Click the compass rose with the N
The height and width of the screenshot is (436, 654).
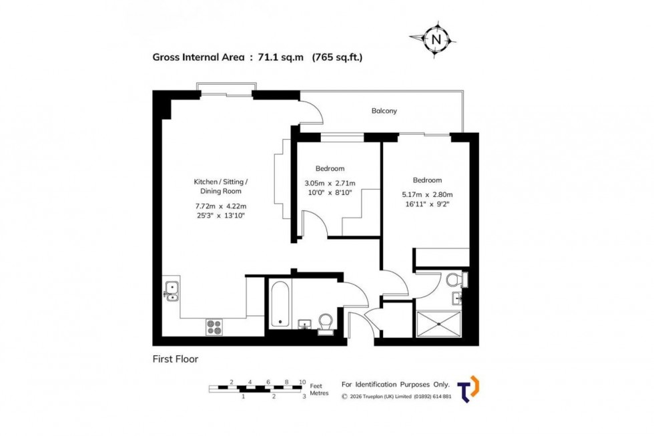click(436, 39)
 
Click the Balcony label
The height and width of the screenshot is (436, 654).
click(384, 111)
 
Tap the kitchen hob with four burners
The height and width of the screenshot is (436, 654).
click(214, 326)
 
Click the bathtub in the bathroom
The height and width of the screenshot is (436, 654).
click(280, 304)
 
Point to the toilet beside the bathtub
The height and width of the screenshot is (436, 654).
click(326, 322)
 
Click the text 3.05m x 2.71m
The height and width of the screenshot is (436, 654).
click(330, 184)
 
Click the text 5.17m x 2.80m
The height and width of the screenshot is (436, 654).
click(427, 195)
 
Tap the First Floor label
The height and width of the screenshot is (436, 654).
click(176, 359)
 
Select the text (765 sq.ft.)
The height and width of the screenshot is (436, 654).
click(337, 57)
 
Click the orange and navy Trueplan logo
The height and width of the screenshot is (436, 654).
click(470, 389)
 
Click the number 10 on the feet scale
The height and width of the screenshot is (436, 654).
click(302, 382)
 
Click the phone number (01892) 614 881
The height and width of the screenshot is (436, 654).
click(424, 397)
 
